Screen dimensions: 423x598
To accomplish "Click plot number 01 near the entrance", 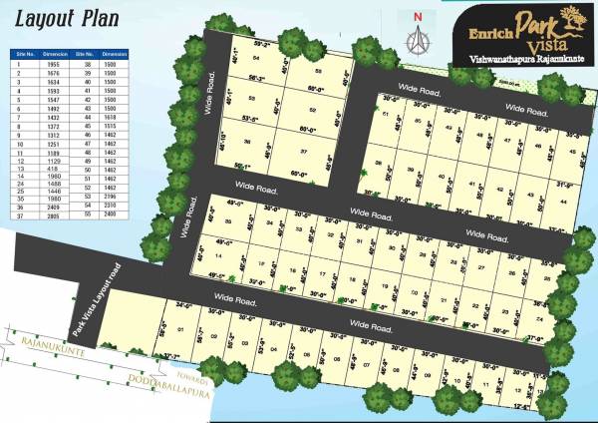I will pyautogui.click(x=180, y=329).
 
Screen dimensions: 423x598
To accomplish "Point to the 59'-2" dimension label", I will pyautogui.click(x=262, y=45).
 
